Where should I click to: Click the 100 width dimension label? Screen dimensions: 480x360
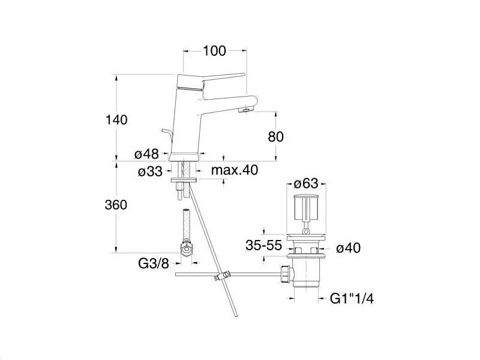214,51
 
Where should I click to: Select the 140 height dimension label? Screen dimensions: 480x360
116,119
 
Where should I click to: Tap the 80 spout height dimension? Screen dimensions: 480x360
275,137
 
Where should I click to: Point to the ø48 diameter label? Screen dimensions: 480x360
146,154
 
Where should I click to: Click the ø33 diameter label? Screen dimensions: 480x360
150,172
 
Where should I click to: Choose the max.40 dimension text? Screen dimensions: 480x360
235,170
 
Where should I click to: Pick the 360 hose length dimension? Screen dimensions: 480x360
116,205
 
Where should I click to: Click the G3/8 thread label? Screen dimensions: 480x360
154,263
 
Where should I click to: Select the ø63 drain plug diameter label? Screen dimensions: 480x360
306,184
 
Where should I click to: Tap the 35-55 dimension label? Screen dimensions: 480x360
263,245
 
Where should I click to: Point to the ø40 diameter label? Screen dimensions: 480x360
349,248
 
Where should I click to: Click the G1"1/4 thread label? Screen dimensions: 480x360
352,298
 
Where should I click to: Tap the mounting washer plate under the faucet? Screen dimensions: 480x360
184,180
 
